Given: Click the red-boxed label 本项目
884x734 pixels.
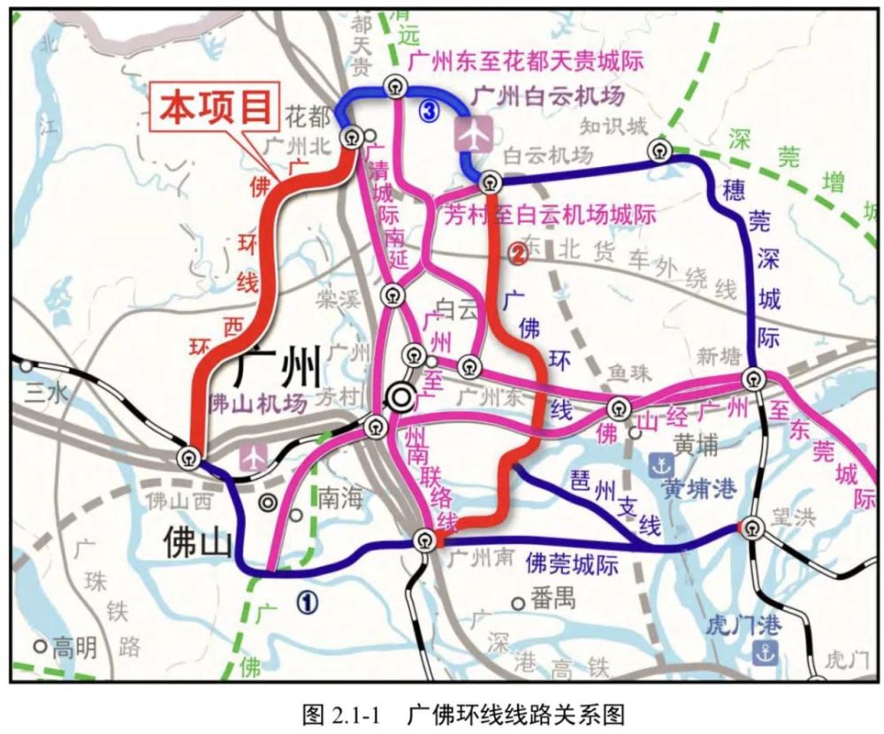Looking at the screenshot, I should (x=216, y=108).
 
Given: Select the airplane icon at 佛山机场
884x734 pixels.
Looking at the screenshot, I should (x=254, y=455).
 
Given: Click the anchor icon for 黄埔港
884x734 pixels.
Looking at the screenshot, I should (x=659, y=463).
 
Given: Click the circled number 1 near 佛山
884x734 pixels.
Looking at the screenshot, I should (x=306, y=602).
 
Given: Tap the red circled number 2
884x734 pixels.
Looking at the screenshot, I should (x=517, y=255).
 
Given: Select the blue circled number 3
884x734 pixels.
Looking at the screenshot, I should (x=429, y=111).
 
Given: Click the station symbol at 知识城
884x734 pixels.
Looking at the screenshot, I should (x=659, y=149).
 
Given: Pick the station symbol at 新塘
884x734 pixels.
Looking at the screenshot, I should (x=752, y=378).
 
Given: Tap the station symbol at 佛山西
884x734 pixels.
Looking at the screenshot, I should (x=188, y=457).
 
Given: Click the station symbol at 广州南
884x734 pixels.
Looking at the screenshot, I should (x=426, y=539).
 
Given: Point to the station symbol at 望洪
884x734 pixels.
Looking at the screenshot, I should (x=752, y=527).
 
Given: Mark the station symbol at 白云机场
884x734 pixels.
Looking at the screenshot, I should (x=490, y=182).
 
